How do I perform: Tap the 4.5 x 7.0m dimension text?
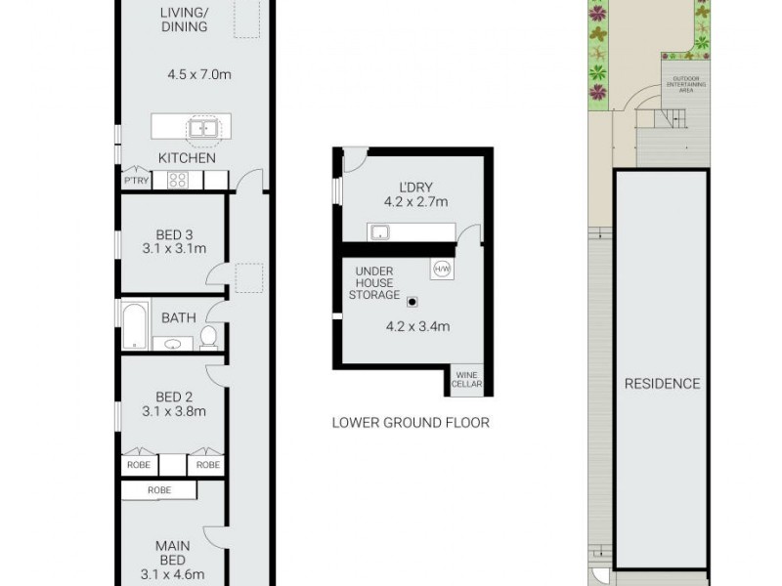pos(199,74)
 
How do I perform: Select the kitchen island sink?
pos(204,127)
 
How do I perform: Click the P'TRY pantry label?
pos(134,181)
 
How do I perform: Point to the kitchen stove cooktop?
pos(178,180)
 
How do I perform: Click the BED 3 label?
pos(173,233)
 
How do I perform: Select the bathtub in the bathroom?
pos(133,325)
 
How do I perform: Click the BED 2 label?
pos(173,397)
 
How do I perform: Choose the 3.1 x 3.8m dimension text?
pos(173,411)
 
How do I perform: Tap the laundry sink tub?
pos(379,231)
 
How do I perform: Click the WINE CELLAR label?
pos(466,380)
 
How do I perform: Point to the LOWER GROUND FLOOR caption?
pos(411,423)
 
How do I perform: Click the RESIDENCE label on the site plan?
pos(662,384)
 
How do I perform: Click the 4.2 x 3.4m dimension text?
pos(417,327)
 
